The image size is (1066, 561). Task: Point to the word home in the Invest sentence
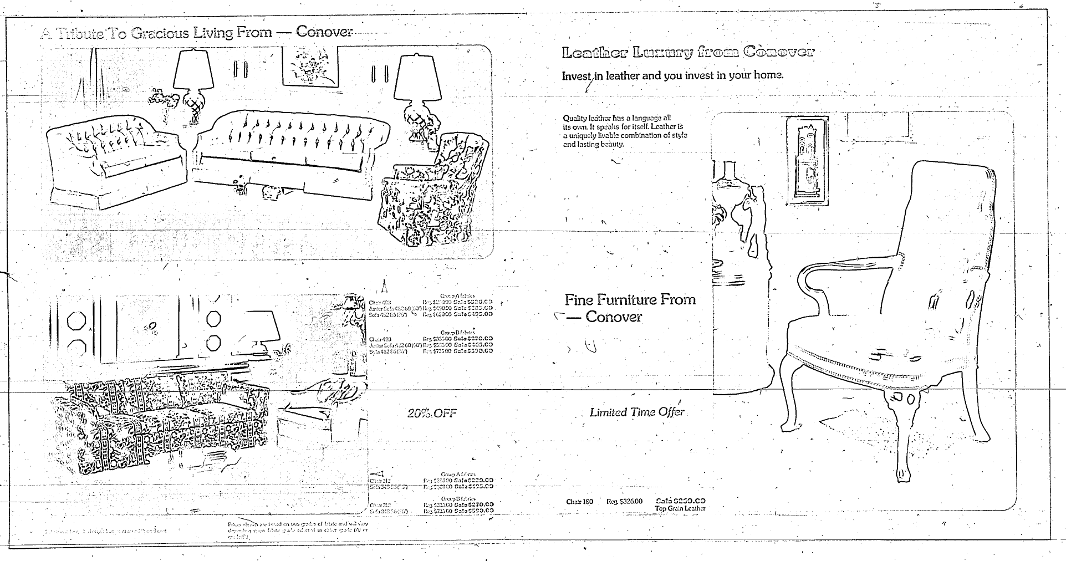(767, 75)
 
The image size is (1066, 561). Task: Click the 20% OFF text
(432, 413)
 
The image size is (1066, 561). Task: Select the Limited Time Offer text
(636, 412)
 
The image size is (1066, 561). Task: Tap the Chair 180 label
(579, 502)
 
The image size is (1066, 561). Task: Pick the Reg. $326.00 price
(624, 502)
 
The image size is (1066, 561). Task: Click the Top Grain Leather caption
(680, 508)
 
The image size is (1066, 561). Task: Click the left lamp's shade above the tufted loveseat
(193, 69)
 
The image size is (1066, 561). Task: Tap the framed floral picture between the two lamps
(310, 65)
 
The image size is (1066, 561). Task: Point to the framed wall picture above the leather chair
(808, 158)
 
